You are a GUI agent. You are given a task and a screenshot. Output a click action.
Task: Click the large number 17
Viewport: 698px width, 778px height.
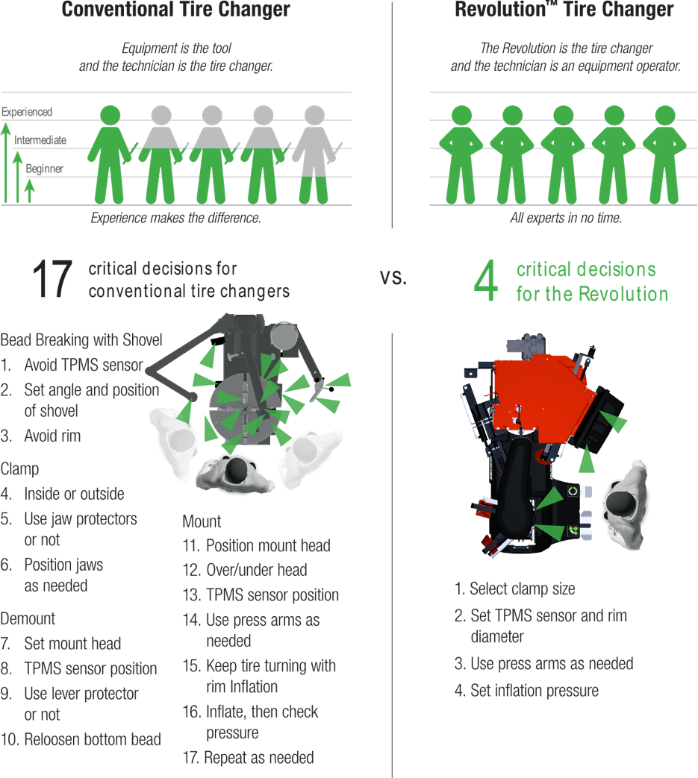point(52,280)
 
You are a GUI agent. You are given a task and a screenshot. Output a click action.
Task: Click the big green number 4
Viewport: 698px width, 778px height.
point(486,281)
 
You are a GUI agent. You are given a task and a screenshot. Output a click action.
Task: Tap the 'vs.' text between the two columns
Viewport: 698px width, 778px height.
point(393,277)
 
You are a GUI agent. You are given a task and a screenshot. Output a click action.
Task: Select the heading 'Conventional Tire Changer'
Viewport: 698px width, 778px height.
point(175,10)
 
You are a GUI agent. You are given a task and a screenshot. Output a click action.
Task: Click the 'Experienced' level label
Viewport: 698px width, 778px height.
point(27,112)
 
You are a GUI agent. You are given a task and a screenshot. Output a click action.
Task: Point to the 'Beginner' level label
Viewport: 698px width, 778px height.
point(44,169)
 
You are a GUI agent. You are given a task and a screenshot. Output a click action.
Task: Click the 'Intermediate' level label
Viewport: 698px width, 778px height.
point(40,140)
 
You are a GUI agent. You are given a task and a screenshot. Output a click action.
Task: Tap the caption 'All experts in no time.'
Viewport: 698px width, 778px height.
point(564,219)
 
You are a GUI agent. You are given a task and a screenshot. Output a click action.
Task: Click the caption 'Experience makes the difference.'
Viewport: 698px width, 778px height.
point(175,219)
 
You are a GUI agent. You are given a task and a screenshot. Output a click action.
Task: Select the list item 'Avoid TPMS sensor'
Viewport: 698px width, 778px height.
point(83,366)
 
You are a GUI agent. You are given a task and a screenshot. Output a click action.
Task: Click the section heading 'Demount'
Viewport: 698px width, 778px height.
point(28,618)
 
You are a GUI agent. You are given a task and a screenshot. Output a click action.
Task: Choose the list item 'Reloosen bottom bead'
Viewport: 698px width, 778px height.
point(92,740)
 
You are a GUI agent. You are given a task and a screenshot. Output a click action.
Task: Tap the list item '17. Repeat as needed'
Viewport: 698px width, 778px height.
point(248,758)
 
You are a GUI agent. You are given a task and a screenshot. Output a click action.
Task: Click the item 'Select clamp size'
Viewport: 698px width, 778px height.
point(522,589)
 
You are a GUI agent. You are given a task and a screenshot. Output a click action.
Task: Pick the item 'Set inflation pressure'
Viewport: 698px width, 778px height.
point(534,691)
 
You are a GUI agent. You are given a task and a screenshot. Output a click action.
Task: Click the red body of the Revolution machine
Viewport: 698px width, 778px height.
point(545,395)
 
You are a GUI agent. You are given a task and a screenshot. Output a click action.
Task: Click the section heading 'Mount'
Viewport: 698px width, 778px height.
point(202,521)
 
